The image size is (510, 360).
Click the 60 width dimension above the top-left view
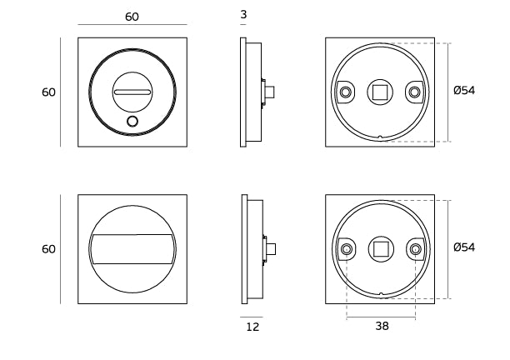click(132, 17)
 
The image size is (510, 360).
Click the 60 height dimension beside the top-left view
click(48, 92)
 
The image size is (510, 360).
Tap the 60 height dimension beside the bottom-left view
click(48, 248)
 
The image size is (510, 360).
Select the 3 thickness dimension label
click(242, 15)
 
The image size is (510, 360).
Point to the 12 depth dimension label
click(252, 327)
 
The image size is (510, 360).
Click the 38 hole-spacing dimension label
click(382, 327)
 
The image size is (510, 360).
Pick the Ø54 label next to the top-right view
click(464, 91)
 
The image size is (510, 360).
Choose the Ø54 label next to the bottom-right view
click(464, 247)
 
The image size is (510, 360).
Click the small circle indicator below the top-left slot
click(132, 122)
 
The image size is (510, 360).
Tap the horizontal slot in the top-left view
click(132, 91)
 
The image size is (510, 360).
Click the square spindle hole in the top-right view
click(380, 91)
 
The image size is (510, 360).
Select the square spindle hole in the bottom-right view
click(380, 248)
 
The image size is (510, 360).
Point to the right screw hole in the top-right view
click(413, 91)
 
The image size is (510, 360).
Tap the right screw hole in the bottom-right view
click(413, 248)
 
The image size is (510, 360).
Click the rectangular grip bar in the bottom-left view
click(132, 248)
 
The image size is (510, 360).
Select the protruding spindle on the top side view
click(271, 91)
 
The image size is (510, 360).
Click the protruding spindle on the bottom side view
click(272, 248)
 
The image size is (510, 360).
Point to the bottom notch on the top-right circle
click(380, 137)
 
